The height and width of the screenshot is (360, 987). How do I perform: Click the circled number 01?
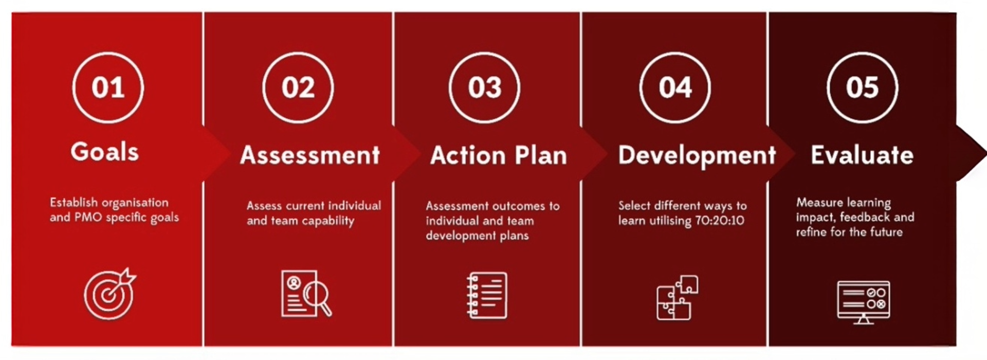click(108, 87)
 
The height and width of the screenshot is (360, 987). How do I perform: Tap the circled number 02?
click(298, 87)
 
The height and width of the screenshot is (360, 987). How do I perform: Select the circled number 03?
click(484, 87)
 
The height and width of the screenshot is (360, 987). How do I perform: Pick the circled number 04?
click(675, 87)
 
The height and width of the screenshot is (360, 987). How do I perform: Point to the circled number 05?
click(862, 87)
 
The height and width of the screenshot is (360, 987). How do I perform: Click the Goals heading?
click(105, 152)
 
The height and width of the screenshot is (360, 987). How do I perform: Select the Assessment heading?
click(310, 155)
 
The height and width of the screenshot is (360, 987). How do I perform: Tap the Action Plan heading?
click(499, 155)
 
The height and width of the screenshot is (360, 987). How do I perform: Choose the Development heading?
click(697, 155)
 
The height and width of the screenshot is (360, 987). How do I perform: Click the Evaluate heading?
click(862, 155)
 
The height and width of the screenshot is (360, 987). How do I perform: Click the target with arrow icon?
click(109, 294)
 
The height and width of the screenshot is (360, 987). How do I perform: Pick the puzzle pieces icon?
click(677, 298)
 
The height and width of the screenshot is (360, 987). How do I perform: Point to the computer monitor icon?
click(863, 302)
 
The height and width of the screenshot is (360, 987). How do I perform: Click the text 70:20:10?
click(720, 221)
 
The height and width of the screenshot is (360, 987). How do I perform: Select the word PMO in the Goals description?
click(88, 217)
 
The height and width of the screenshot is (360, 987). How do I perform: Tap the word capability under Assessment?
click(328, 221)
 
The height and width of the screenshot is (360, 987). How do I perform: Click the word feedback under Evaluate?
click(865, 217)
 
